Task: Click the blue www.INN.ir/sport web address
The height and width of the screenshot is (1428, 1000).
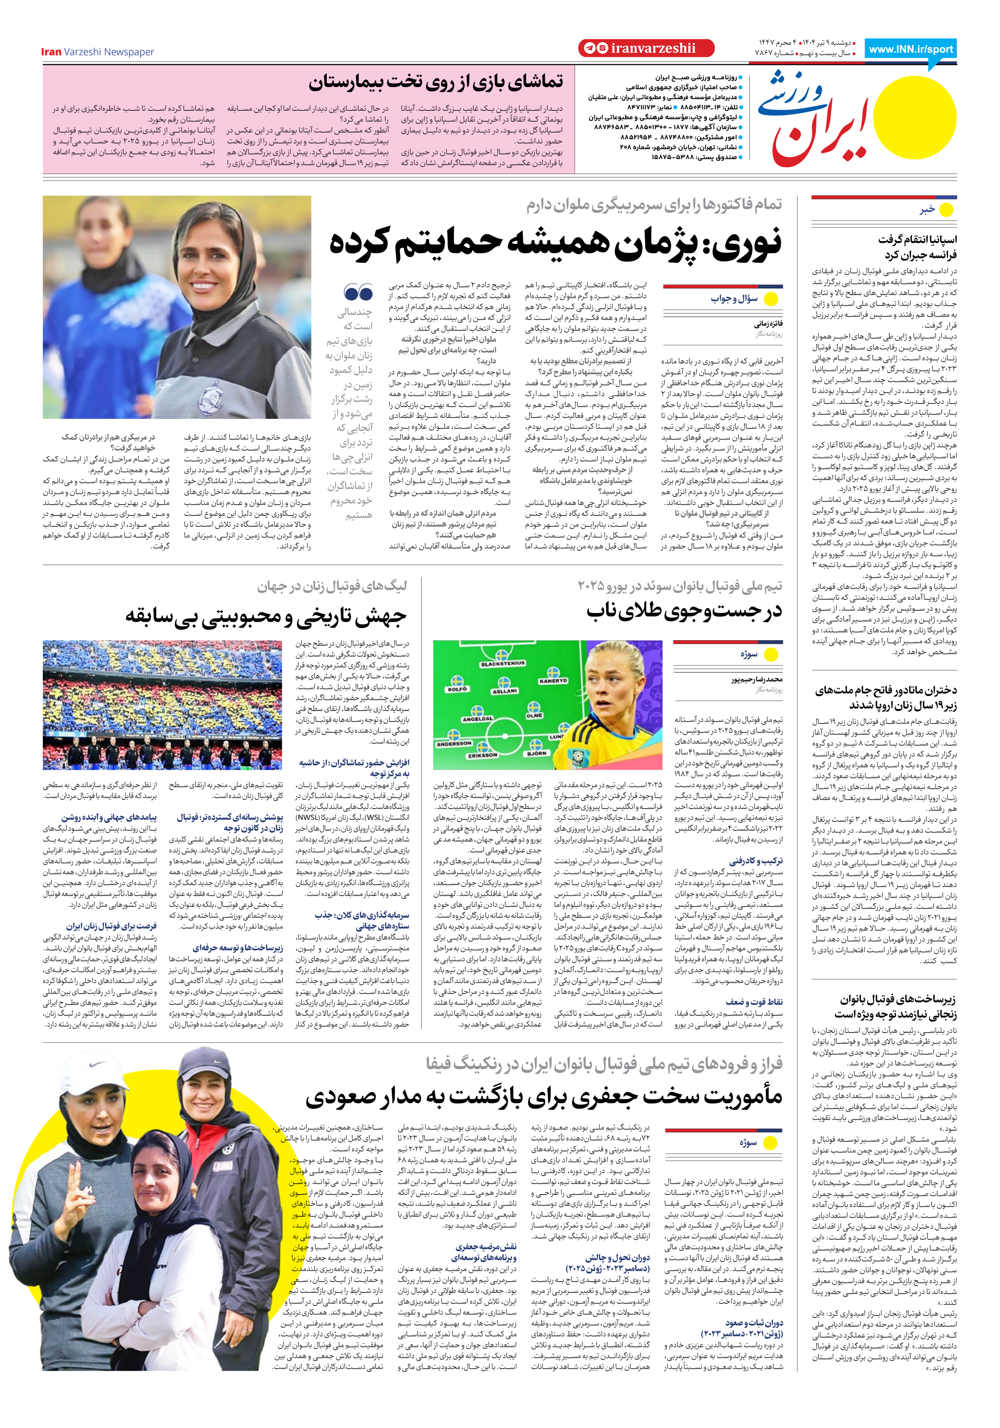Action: coord(910,49)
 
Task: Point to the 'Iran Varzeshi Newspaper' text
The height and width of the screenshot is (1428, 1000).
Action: coord(98,52)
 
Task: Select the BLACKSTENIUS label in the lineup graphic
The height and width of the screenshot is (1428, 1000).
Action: coord(503,664)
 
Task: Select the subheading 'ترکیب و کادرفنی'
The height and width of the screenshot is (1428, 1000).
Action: coord(756,861)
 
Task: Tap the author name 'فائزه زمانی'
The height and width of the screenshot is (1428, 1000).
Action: coord(768,324)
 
